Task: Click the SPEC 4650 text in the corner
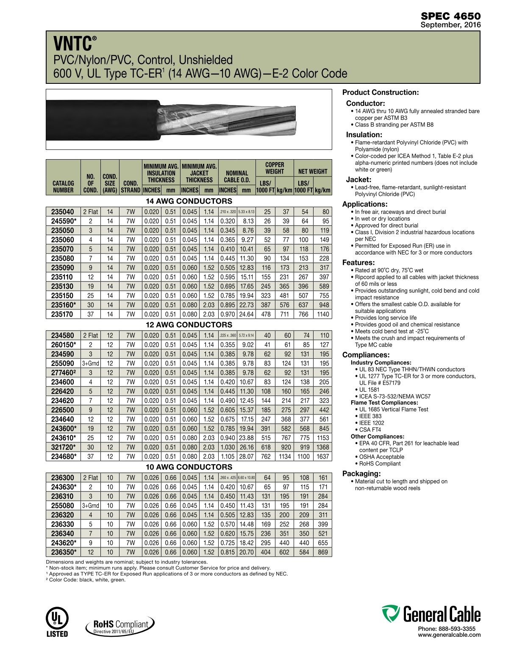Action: point(450,17)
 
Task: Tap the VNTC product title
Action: point(72,44)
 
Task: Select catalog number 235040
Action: point(63,212)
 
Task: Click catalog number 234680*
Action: point(64,456)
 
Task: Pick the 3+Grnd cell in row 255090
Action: point(91,363)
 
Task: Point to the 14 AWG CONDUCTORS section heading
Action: point(189,201)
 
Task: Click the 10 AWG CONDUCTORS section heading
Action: point(189,467)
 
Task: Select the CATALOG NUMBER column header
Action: point(63,187)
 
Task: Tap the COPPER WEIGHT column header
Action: point(275,168)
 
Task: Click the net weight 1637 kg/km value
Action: point(322,456)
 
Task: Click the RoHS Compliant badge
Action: point(120,625)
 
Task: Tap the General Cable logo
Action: point(431,614)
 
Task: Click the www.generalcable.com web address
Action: point(449,635)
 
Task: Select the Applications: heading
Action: point(365,204)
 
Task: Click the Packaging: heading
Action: point(361,473)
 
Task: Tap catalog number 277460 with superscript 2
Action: point(64,373)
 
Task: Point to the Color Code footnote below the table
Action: point(86,580)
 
